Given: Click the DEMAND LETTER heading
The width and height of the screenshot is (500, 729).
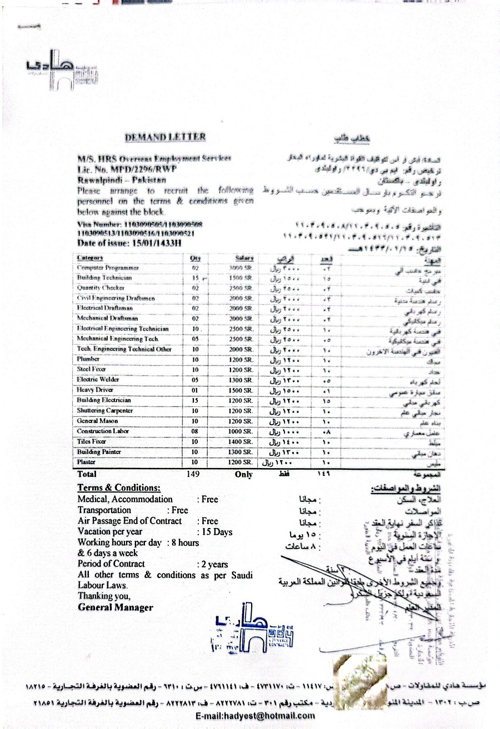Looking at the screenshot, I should click(165, 137).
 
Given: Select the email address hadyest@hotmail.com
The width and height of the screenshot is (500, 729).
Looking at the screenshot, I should click(256, 716).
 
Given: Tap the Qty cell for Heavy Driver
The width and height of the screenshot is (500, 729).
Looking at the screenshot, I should click(195, 390).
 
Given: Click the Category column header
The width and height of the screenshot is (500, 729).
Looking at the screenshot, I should click(91, 258).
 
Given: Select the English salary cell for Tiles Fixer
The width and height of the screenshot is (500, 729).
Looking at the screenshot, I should click(241, 441).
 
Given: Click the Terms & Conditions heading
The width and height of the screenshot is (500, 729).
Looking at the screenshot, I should click(119, 487).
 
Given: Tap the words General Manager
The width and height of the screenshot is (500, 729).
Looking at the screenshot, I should click(115, 607).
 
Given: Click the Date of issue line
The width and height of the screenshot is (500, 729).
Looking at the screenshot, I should click(129, 243).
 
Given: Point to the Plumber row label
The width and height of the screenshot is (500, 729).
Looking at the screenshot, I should click(88, 359).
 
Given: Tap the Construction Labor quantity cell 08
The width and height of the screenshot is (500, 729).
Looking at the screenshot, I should click(195, 431).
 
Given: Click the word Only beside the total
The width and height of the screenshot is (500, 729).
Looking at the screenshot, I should click(243, 475).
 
